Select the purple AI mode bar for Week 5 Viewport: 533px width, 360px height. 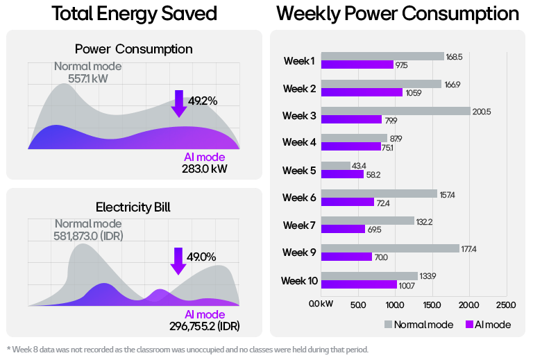click(x=342, y=174)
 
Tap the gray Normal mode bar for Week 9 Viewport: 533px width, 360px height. click(x=391, y=248)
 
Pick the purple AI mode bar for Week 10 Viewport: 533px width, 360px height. click(x=359, y=284)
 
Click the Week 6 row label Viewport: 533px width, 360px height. click(x=299, y=198)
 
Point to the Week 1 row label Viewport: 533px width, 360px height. click(x=299, y=61)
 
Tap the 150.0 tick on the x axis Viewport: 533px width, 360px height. click(x=432, y=305)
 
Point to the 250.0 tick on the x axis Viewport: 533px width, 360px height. click(x=506, y=305)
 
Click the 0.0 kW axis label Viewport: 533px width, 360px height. click(x=321, y=305)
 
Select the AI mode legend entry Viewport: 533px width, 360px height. click(x=489, y=325)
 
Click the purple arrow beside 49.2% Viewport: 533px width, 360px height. click(x=179, y=103)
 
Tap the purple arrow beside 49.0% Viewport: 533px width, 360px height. click(x=178, y=260)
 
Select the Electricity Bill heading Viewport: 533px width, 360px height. click(x=133, y=206)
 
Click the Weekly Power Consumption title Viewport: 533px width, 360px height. click(x=397, y=14)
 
